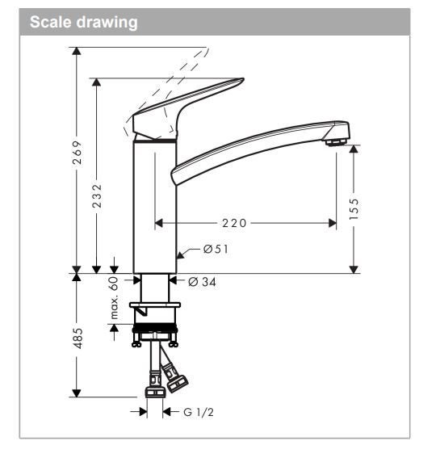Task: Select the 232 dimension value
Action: click(x=97, y=194)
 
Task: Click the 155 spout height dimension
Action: click(x=354, y=207)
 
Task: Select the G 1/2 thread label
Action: click(x=199, y=412)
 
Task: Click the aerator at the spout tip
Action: click(x=333, y=143)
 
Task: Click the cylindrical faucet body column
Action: click(x=154, y=206)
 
